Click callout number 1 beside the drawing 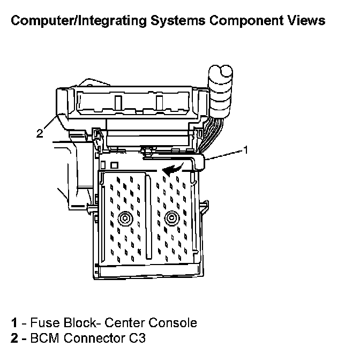tap(246, 150)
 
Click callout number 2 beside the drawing tap(39, 134)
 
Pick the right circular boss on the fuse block tap(171, 217)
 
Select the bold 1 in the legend tap(15, 323)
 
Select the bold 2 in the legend tap(15, 338)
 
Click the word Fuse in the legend tap(42, 323)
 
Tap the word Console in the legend tap(172, 323)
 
